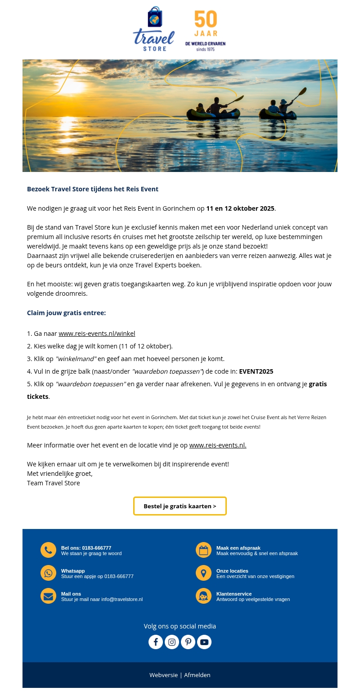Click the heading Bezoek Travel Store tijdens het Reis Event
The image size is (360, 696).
click(93, 189)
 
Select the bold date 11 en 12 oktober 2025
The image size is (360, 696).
click(240, 208)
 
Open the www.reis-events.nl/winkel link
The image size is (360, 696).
click(97, 334)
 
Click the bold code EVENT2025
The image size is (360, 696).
click(256, 371)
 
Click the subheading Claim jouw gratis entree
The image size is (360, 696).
click(66, 313)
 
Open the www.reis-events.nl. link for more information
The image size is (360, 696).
click(218, 445)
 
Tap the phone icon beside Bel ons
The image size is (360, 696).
click(48, 550)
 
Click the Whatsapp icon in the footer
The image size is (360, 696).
click(48, 573)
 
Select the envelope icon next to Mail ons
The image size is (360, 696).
click(48, 596)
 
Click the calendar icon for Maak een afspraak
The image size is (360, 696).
click(203, 550)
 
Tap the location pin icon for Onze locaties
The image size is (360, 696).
click(203, 573)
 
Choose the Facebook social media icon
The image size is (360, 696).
click(156, 642)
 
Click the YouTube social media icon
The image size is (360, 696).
click(204, 642)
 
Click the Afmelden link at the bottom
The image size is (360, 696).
click(197, 675)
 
